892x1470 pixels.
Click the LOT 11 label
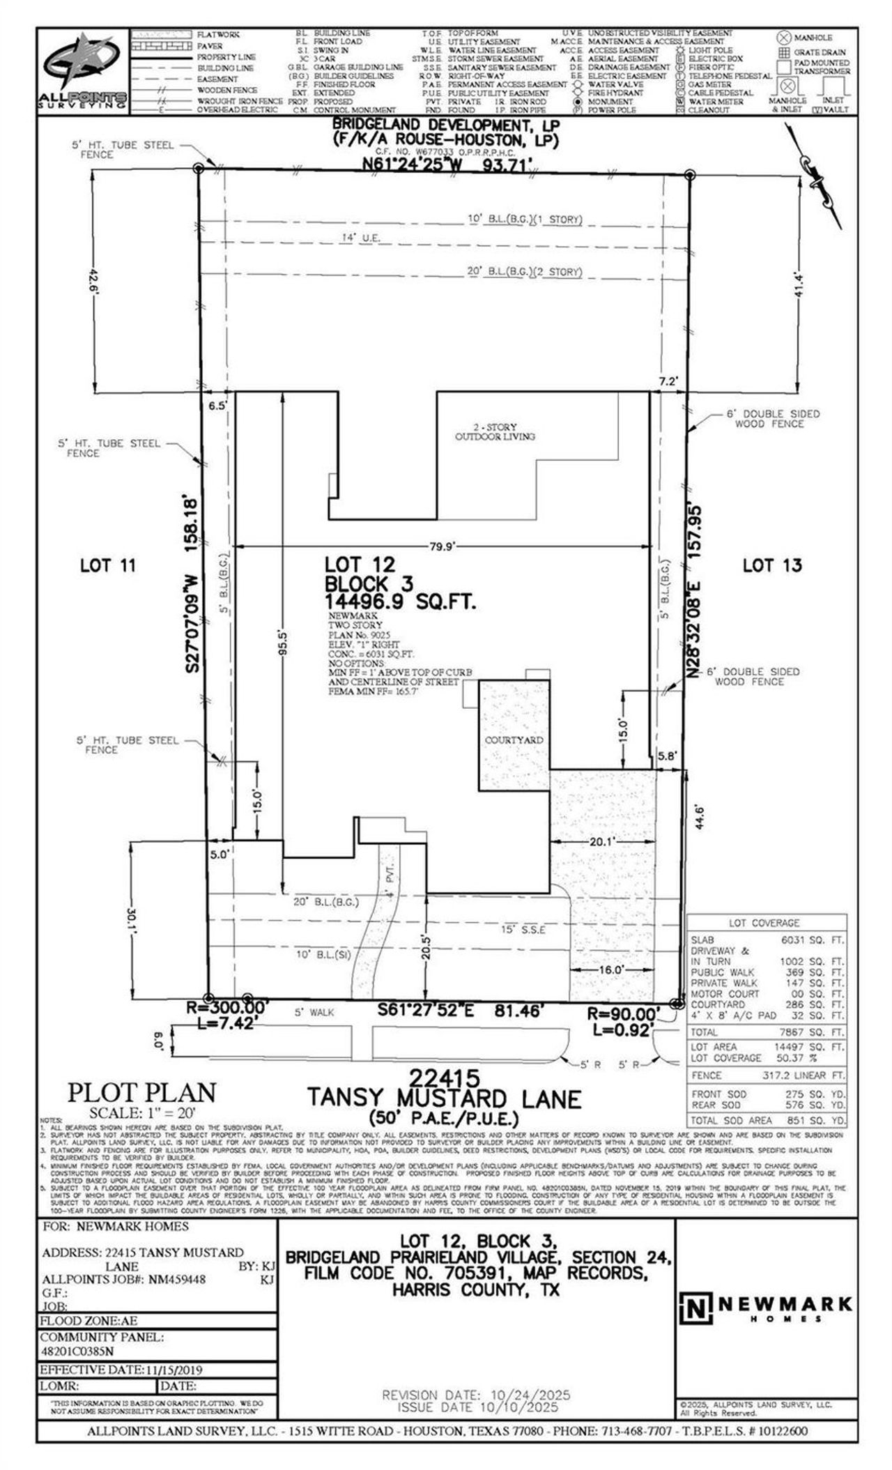click(x=107, y=565)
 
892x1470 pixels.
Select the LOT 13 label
click(x=771, y=565)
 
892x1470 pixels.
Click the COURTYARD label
click(x=514, y=740)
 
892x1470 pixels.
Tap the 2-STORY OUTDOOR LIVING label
click(x=495, y=431)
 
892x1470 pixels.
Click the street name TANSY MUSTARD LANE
click(x=445, y=1099)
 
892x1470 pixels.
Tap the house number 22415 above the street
click(x=445, y=1078)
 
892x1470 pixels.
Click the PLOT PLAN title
click(x=141, y=1092)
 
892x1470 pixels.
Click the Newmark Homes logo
click(x=765, y=1309)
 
